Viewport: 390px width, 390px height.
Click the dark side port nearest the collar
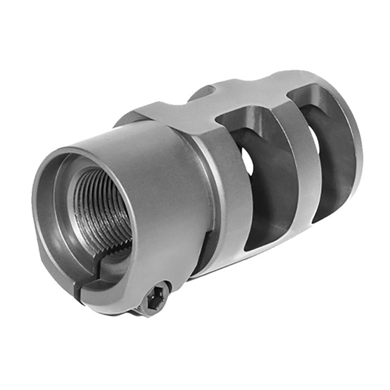(256, 181)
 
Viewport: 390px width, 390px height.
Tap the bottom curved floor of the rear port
(262, 237)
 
